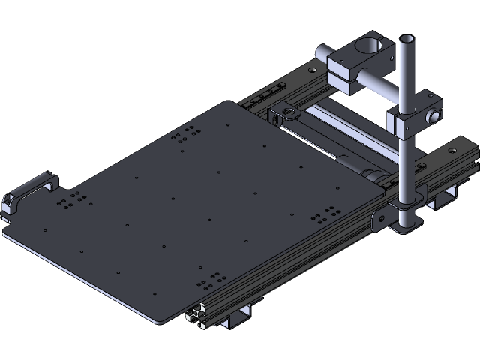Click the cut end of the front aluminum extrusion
tap(198, 314)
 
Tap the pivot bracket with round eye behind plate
tap(287, 115)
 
